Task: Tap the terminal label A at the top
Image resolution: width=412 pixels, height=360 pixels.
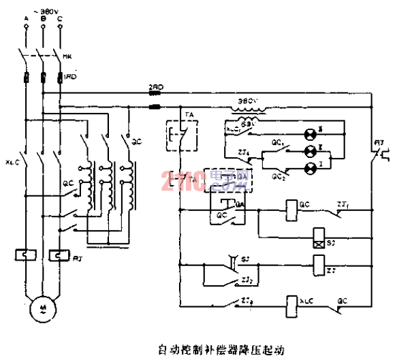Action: (x=25, y=16)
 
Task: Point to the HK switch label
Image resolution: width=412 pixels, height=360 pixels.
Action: (x=67, y=56)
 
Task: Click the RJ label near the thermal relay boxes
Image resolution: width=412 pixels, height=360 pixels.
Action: (x=77, y=255)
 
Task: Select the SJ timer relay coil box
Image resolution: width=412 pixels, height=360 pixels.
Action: (x=318, y=238)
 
